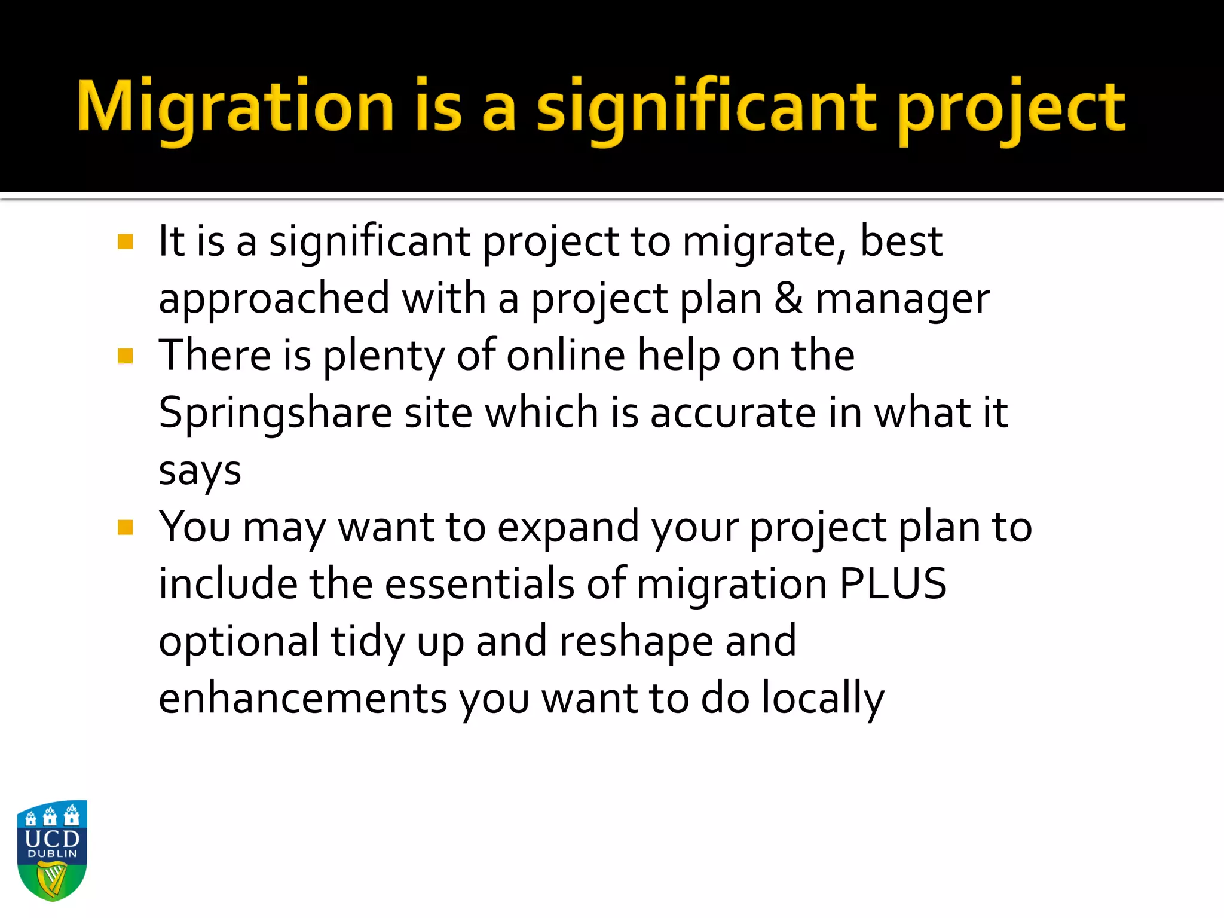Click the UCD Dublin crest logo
53,850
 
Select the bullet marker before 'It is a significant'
126,242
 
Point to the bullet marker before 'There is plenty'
126,356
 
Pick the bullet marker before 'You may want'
126,527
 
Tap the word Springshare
275,414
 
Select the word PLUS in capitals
893,583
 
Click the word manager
902,299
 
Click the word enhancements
302,698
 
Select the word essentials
479,583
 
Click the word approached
274,299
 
